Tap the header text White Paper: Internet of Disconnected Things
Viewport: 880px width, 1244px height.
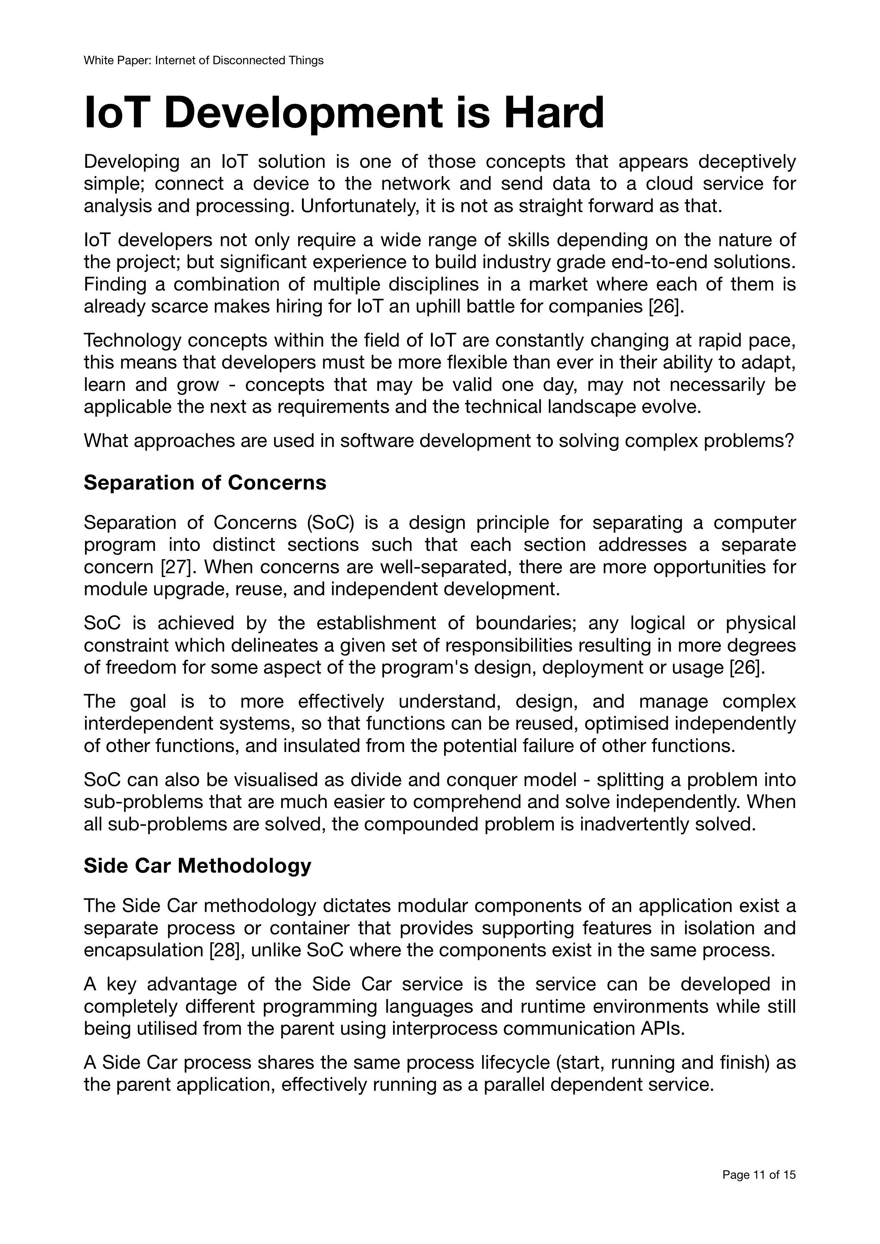pyautogui.click(x=203, y=61)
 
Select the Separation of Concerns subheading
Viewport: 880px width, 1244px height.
pyautogui.click(x=205, y=482)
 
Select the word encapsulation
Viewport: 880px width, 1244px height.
pyautogui.click(x=143, y=950)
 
